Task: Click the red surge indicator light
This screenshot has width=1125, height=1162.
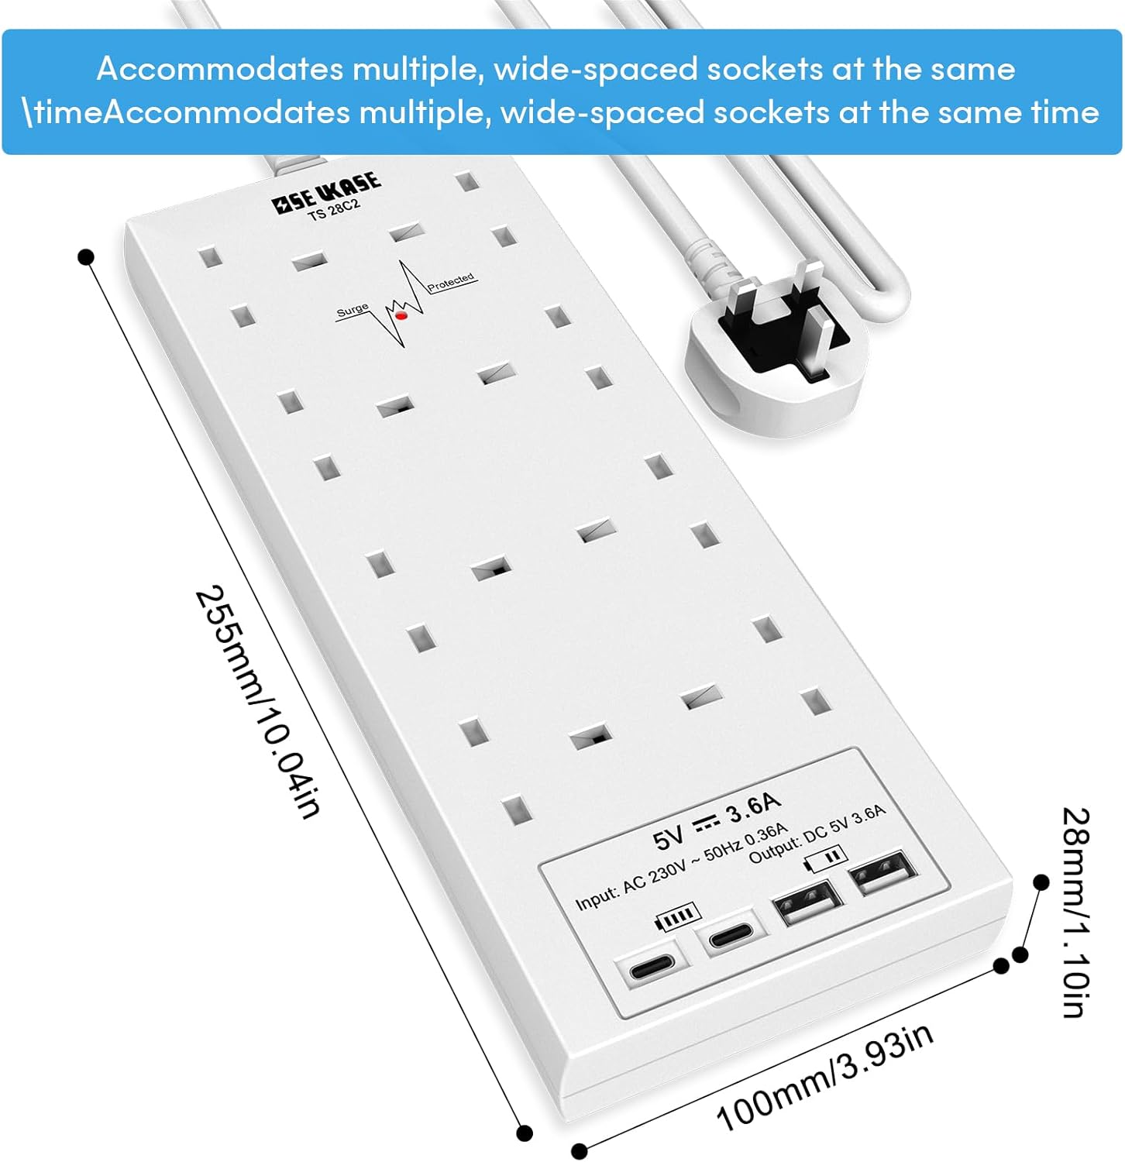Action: (x=401, y=315)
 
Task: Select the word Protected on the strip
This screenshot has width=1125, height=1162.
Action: (x=451, y=281)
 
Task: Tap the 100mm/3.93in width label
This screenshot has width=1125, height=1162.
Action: (x=824, y=1078)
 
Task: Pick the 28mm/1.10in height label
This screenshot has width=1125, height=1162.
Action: (x=1075, y=912)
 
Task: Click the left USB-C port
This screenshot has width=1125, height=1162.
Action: (x=652, y=969)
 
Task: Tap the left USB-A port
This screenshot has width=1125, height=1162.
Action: (x=807, y=902)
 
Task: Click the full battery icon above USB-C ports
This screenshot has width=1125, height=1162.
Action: (x=679, y=916)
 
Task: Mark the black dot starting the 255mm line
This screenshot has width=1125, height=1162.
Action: (x=86, y=256)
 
